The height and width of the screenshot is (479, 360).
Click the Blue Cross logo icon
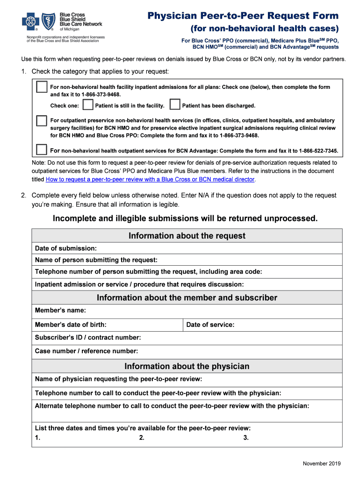pyautogui.click(x=30, y=22)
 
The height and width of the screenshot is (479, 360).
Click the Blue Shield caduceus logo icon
pyautogui.click(x=49, y=22)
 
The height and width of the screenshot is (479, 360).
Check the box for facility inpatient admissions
pyautogui.click(x=42, y=87)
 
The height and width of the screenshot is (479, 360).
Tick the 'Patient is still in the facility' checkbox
pyautogui.click(x=87, y=105)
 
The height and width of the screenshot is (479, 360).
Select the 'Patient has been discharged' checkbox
pyautogui.click(x=175, y=105)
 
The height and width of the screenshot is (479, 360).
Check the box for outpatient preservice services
pyautogui.click(x=42, y=121)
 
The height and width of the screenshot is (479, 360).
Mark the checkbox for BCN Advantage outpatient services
pyautogui.click(x=42, y=150)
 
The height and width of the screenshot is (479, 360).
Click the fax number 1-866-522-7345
pyautogui.click(x=318, y=151)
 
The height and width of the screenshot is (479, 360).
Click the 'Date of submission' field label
pyautogui.click(x=66, y=248)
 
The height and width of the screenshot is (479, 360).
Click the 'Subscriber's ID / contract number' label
pyautogui.click(x=88, y=338)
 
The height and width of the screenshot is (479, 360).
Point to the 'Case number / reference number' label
pyautogui.click(x=86, y=351)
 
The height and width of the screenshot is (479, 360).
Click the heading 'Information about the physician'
pyautogui.click(x=187, y=366)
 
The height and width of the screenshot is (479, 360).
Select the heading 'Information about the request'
pyautogui.click(x=187, y=236)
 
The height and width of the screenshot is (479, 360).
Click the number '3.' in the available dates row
pyautogui.click(x=246, y=438)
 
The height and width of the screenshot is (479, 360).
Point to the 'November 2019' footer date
pyautogui.click(x=322, y=464)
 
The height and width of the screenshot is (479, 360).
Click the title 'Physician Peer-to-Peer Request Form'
pyautogui.click(x=243, y=16)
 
